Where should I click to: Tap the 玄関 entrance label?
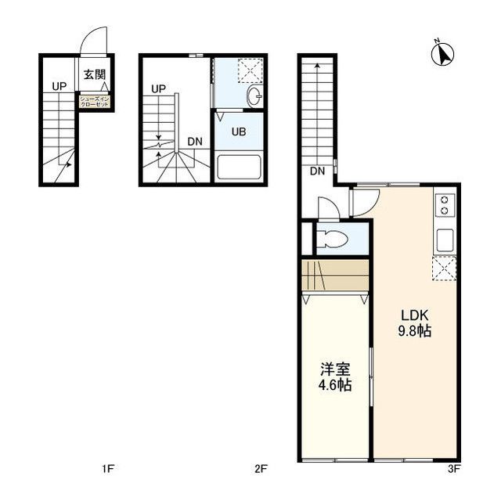[x=95, y=77]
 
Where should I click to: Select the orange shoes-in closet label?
[x=95, y=101]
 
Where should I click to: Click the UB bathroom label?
[x=238, y=132]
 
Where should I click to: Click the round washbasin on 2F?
[x=254, y=97]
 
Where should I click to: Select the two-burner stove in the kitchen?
[x=445, y=204]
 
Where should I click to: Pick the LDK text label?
[x=415, y=315]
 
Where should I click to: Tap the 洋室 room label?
[x=334, y=369]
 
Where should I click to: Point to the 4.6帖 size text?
[x=334, y=385]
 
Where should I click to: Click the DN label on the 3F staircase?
[x=317, y=171]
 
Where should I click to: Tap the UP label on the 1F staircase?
[x=59, y=86]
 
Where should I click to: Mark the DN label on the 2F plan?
[x=195, y=142]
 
